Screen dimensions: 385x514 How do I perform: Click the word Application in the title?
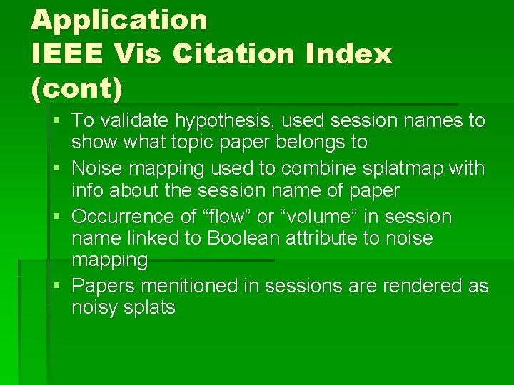[119, 19]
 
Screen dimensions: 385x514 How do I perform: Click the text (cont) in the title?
[77, 88]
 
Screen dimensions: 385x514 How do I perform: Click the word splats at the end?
[148, 308]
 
